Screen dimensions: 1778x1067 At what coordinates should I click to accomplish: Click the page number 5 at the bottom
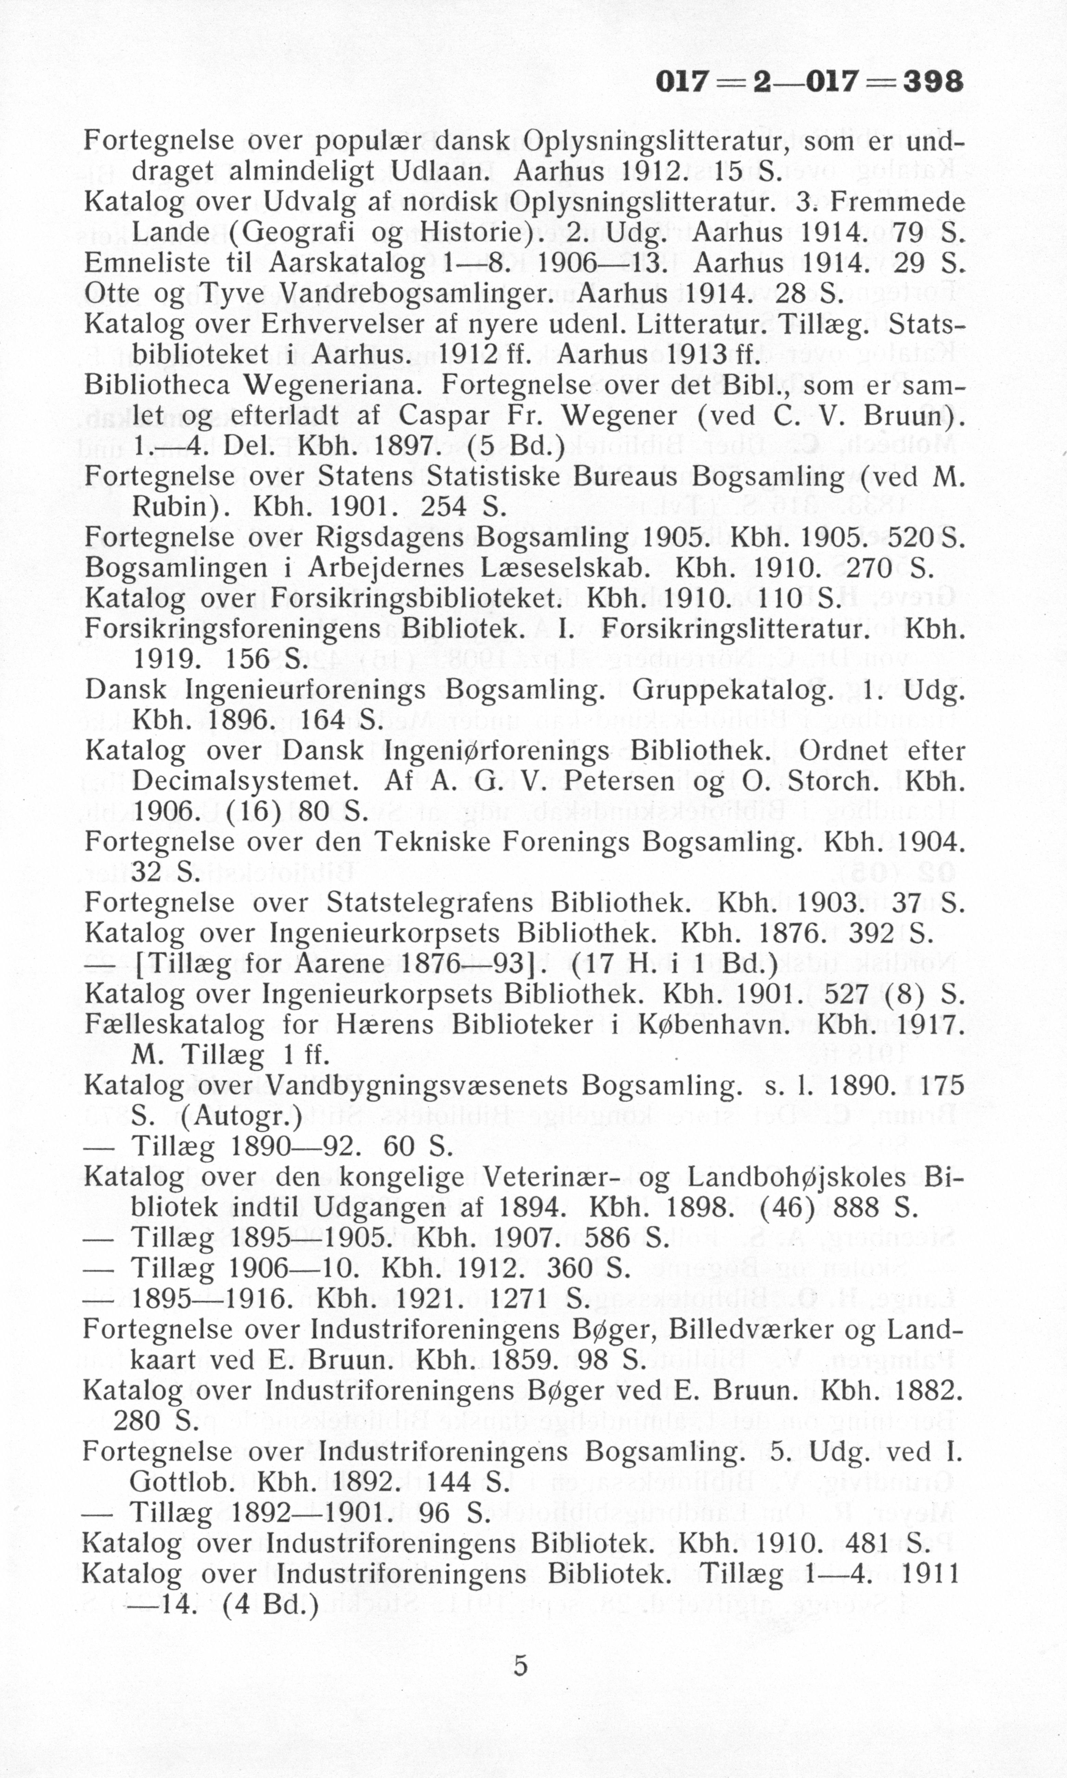click(521, 1665)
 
